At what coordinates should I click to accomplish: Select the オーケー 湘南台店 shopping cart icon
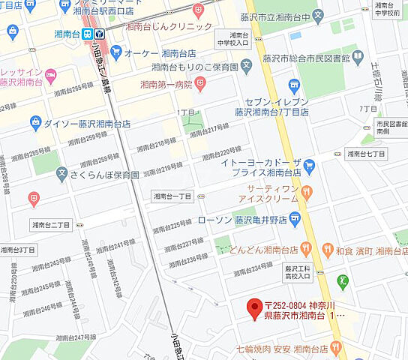115,52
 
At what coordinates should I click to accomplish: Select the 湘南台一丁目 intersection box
172,196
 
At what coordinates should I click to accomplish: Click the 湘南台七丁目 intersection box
365,154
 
